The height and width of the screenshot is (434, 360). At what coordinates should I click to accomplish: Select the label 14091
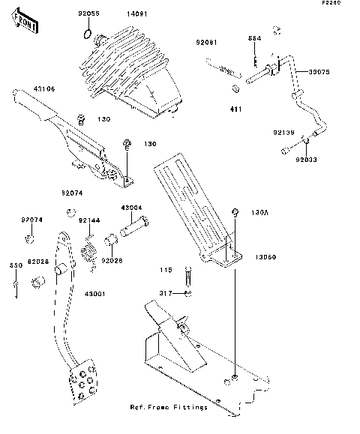(137, 13)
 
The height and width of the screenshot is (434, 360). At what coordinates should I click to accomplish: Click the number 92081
(208, 43)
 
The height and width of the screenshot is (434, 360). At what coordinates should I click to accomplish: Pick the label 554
(255, 37)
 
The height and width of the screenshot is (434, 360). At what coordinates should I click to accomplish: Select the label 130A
(258, 212)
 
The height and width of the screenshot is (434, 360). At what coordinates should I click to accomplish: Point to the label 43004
(132, 207)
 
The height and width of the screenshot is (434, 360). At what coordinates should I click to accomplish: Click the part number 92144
(88, 220)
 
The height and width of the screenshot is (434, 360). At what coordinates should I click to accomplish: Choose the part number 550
(14, 265)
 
